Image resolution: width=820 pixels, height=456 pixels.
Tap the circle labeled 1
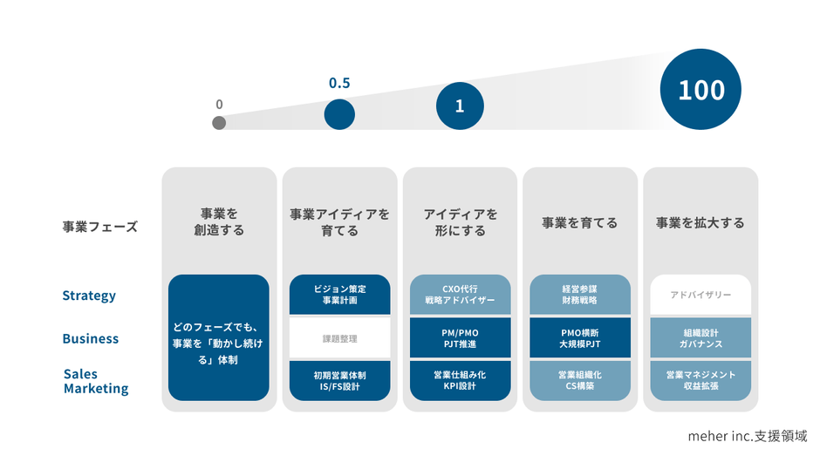(460, 106)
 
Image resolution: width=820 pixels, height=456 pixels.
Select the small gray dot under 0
(219, 123)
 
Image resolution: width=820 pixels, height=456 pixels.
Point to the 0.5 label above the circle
(339, 84)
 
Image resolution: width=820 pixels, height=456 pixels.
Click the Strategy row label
(89, 296)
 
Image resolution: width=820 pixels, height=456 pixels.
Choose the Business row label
(91, 338)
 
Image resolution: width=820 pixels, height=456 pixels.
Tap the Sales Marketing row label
(96, 381)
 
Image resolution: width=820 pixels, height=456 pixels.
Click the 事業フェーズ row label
(100, 227)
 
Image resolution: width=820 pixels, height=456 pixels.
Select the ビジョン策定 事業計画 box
(340, 295)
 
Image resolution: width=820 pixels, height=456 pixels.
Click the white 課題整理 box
(340, 338)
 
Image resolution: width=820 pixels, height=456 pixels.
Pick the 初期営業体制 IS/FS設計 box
(340, 380)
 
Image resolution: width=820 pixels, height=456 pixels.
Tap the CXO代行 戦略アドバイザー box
(460, 295)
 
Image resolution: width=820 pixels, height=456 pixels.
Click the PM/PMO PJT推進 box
(460, 337)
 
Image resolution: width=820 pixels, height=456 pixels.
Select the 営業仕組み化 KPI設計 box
(460, 380)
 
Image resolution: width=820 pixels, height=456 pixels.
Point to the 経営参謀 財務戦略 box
(580, 295)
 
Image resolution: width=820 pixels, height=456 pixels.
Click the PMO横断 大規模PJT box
(580, 337)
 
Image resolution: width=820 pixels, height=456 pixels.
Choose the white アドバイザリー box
(700, 295)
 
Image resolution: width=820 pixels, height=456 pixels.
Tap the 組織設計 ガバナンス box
(700, 337)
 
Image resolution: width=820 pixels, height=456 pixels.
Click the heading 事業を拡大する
(700, 223)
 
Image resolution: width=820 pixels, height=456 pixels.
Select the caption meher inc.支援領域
(747, 435)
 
